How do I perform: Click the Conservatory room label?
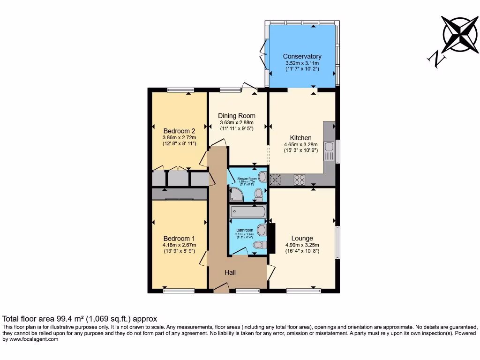(x=302, y=57)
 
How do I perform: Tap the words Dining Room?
(x=237, y=116)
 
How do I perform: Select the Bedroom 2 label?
(x=179, y=131)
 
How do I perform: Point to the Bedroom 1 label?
(x=179, y=238)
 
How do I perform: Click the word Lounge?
(x=302, y=238)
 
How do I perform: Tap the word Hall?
(x=230, y=272)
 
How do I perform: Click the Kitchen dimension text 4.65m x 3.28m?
(x=300, y=144)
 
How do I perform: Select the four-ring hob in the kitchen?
(x=299, y=179)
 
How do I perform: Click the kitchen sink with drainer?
(x=329, y=151)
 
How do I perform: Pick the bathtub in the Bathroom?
(x=248, y=212)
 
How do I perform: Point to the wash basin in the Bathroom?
(x=262, y=230)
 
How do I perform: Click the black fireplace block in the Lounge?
(x=271, y=237)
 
